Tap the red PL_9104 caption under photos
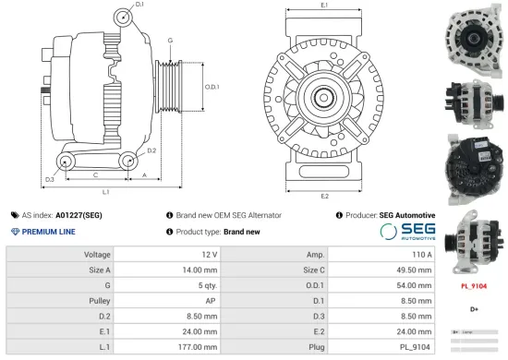(x=473, y=286)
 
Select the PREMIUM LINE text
(x=46, y=231)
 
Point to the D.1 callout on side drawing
(x=139, y=6)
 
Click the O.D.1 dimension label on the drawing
(x=211, y=87)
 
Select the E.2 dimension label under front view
(x=324, y=196)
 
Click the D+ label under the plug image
(x=474, y=309)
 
